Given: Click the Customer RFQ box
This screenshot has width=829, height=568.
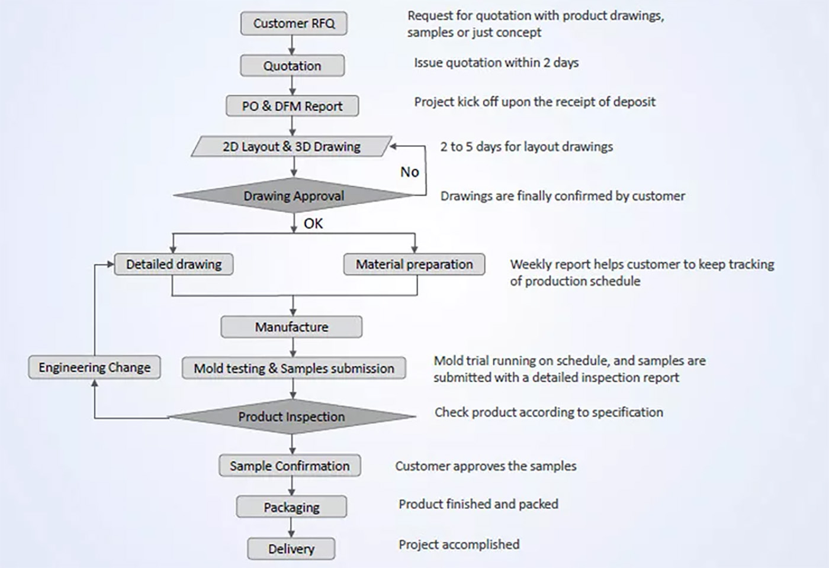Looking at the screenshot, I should tap(294, 24).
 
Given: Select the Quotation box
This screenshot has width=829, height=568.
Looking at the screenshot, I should tap(292, 66).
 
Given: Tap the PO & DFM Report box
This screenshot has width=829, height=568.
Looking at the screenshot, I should tap(292, 106).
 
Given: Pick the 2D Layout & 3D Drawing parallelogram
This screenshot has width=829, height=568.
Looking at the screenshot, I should tap(291, 147).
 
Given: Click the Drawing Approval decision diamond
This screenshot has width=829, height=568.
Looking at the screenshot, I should tap(294, 196).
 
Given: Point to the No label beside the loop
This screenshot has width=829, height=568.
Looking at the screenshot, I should tap(409, 172).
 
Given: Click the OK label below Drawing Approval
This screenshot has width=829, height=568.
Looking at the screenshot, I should tap(313, 224).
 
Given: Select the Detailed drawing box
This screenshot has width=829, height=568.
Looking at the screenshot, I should tap(173, 264).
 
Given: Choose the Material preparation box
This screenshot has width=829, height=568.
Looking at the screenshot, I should tap(414, 264).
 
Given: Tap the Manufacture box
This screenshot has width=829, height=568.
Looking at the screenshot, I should tap(291, 327).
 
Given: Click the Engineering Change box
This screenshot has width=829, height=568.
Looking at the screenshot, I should tap(94, 367).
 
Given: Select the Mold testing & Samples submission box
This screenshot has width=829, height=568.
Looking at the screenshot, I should tap(294, 368).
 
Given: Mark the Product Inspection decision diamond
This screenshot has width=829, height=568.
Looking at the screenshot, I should tap(291, 417).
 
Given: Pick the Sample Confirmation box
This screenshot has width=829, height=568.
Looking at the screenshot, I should tap(290, 466).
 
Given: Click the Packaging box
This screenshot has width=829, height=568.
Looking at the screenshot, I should tap(291, 507).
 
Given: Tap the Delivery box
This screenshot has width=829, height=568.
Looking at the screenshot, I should tap(291, 549).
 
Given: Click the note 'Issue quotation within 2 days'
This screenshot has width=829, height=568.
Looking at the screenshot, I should tap(496, 63).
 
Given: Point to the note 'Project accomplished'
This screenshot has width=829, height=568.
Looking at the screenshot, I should tap(459, 544).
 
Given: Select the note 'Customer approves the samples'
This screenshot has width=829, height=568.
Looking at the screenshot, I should tap(486, 466).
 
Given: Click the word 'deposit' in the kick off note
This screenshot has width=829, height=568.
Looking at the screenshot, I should tap(633, 102).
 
